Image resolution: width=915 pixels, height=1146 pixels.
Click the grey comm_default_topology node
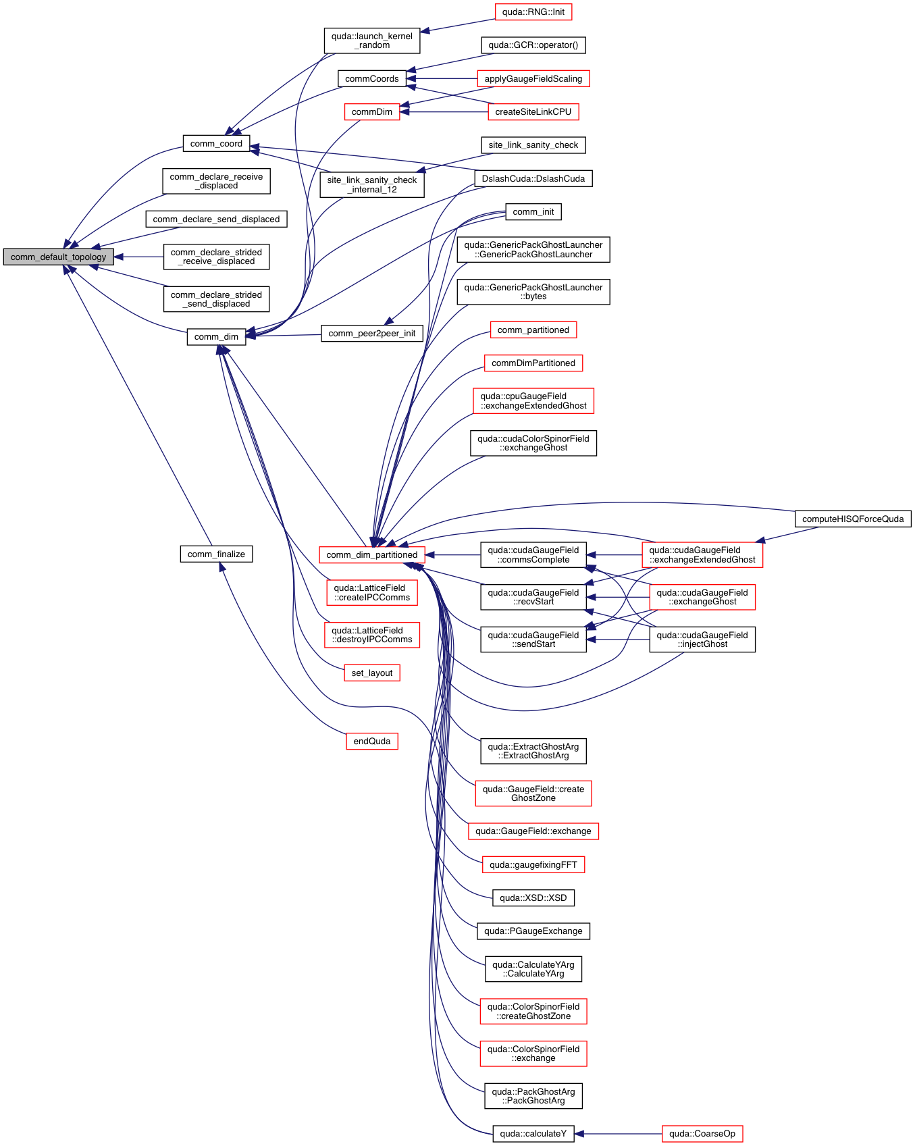point(58,257)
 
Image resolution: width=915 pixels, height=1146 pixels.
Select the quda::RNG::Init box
point(533,12)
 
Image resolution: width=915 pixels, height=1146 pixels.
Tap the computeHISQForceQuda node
point(853,519)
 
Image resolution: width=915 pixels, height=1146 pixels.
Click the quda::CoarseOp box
point(702,1134)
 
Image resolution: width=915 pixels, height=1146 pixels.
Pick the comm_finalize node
point(216,554)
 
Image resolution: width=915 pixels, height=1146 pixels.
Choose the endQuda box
point(371,741)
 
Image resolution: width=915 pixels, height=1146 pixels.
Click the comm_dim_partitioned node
point(372,555)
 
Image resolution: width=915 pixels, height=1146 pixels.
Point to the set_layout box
point(372,673)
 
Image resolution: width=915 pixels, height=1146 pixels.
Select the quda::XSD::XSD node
point(533,898)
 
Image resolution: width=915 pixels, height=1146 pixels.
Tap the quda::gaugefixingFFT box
point(533,865)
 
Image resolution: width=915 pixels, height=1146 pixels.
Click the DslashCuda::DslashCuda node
point(533,178)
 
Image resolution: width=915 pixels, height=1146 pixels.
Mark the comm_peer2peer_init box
point(372,334)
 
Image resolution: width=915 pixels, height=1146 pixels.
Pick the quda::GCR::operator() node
point(533,45)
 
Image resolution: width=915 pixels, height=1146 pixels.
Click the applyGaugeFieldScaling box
point(533,79)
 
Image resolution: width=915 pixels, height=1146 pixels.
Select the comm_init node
point(533,212)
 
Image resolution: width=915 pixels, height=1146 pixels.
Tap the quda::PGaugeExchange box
point(533,931)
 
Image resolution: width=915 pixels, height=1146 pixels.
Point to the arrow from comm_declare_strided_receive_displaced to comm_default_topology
point(138,257)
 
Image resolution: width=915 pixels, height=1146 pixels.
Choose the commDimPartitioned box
point(533,363)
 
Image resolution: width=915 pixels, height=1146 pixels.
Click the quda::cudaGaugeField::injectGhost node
point(702,640)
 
